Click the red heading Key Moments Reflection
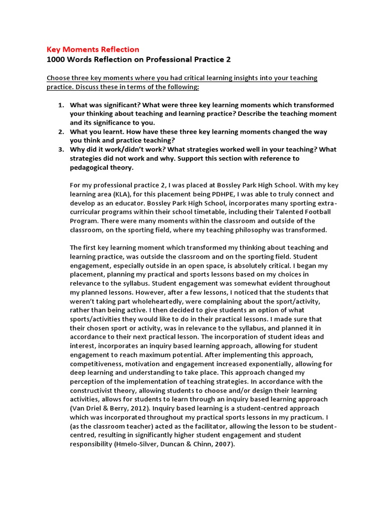[x=93, y=49]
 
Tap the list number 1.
[x=61, y=105]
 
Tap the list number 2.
[x=61, y=132]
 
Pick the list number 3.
[x=61, y=150]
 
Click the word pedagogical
[x=90, y=168]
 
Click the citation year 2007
[x=223, y=444]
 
